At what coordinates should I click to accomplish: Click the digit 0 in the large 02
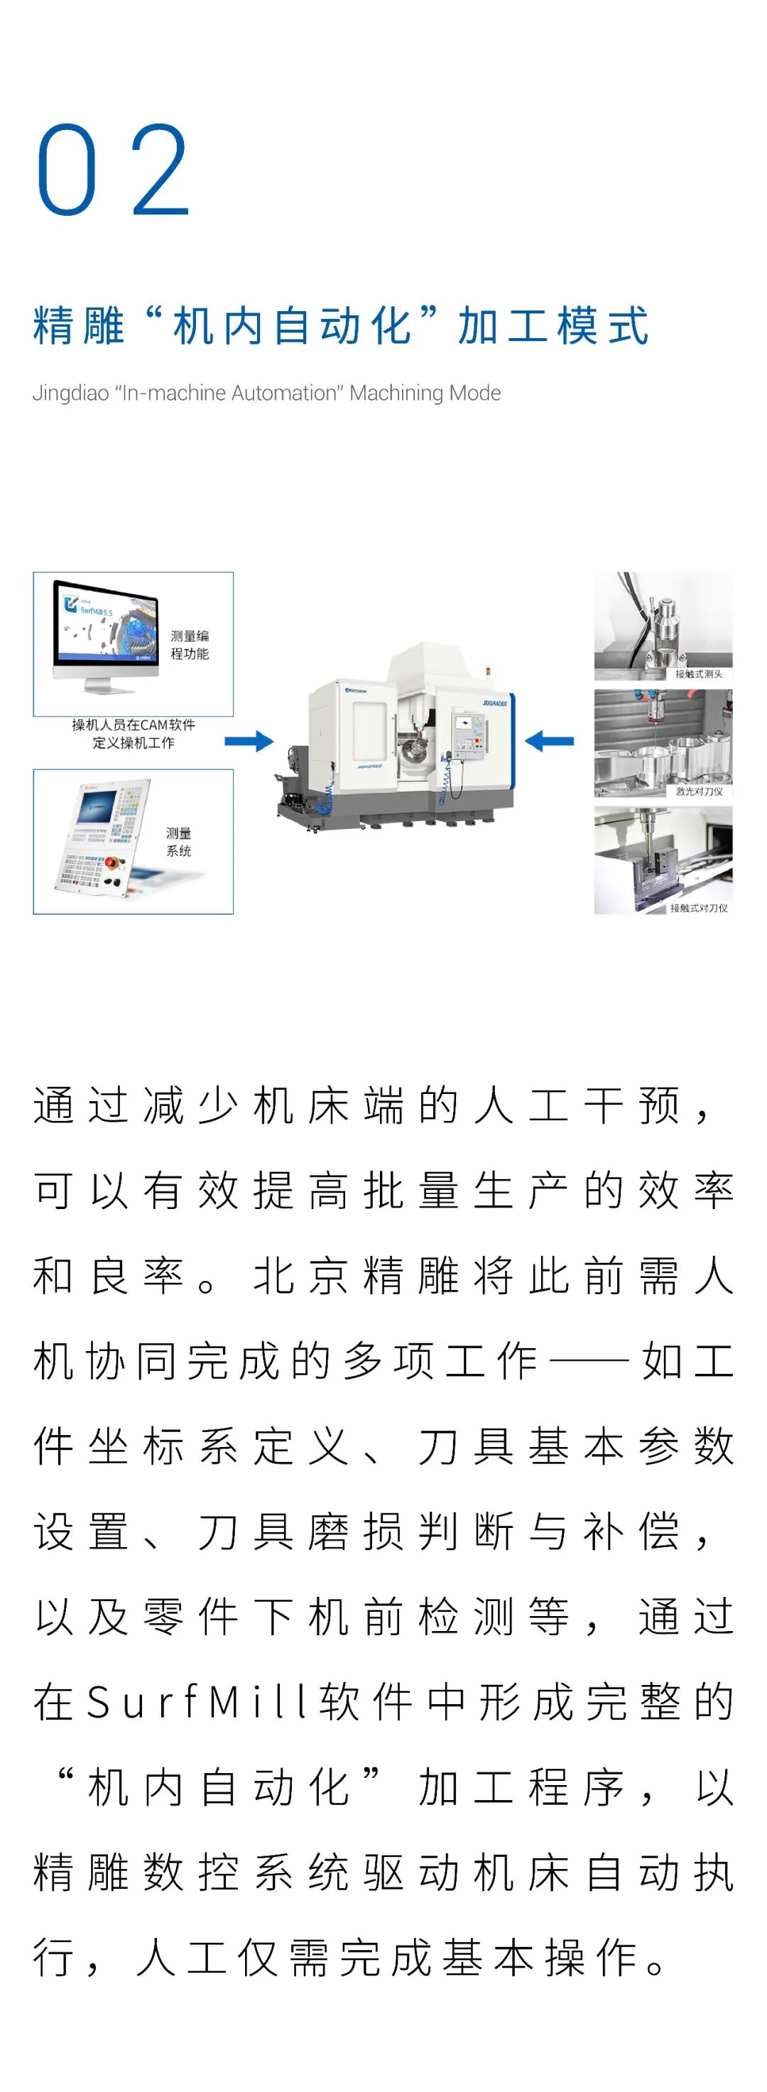[67, 170]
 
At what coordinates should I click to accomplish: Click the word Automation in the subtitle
[285, 393]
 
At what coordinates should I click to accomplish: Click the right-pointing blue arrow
[249, 741]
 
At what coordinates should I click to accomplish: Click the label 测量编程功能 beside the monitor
[189, 644]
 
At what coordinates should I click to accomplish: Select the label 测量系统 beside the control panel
[178, 841]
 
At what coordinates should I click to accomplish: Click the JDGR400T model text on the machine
[494, 703]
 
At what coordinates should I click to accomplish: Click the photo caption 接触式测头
[698, 674]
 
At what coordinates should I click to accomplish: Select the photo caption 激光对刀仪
[698, 791]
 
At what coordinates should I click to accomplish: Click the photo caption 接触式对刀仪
[698, 908]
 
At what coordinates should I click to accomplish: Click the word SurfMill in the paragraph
[195, 1701]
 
